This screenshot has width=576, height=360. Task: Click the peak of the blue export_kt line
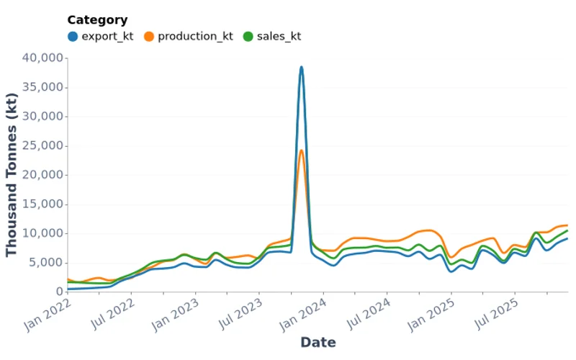(x=301, y=67)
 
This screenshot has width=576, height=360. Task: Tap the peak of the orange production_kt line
(x=301, y=150)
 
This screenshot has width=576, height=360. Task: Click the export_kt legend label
(x=107, y=36)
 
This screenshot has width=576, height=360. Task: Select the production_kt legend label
(x=195, y=36)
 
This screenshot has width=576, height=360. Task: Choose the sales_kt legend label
(x=279, y=36)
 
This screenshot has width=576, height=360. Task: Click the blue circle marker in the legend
(x=73, y=36)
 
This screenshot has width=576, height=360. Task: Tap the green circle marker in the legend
(x=248, y=36)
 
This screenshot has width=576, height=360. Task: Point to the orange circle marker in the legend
(x=149, y=36)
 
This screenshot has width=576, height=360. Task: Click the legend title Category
(x=97, y=20)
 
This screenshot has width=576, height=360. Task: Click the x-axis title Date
(x=318, y=343)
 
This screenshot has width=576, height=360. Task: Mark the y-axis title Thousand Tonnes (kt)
(x=12, y=175)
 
